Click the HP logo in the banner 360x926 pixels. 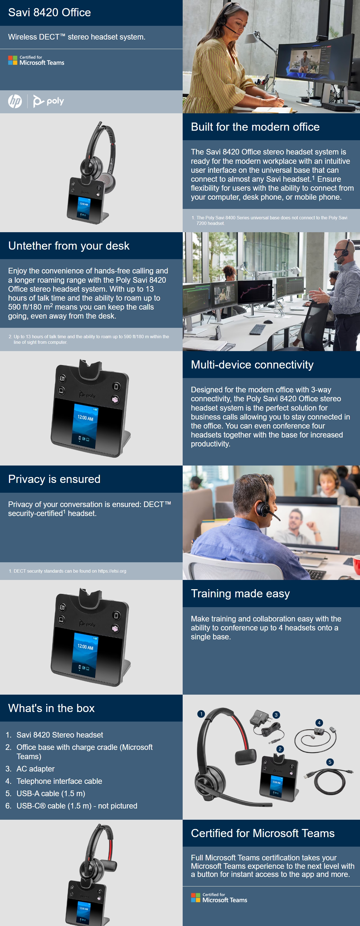pos(15,101)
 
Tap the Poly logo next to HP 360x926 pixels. pos(48,101)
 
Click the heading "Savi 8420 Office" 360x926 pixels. pos(50,13)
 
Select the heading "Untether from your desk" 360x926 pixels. pos(69,246)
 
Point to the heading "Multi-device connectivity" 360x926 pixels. pos(252,365)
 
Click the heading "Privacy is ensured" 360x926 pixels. pos(54,479)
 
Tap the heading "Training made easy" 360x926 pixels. pos(240,593)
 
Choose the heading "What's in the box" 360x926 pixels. pos(51,708)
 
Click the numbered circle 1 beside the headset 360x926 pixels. pos(201,714)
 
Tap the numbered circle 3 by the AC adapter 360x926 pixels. pos(276,715)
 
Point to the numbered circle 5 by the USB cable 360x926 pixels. pos(330,762)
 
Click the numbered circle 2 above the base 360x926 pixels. pos(280,749)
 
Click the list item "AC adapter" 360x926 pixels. pos(36,769)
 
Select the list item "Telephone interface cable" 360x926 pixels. pos(59,781)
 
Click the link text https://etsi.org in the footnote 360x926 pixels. pos(112,571)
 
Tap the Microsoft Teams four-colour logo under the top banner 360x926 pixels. pos(13,60)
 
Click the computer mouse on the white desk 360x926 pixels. pos(268,321)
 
